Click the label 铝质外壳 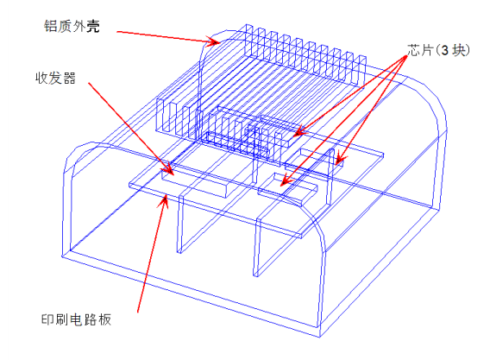(72, 26)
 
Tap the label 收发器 (55, 78)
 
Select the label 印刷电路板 (76, 319)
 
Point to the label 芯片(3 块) (438, 50)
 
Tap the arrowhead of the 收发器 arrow (168, 168)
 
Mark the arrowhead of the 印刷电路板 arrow (164, 201)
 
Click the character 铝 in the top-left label (51, 26)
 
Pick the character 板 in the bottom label (105, 319)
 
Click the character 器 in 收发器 (69, 78)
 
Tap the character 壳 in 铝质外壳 (93, 26)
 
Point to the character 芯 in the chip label (414, 50)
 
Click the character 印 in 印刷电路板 (47, 319)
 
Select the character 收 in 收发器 (42, 78)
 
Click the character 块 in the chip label (459, 50)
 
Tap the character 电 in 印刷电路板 (76, 319)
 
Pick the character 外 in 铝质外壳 (79, 26)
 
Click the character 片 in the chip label (427, 50)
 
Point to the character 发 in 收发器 (55, 78)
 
